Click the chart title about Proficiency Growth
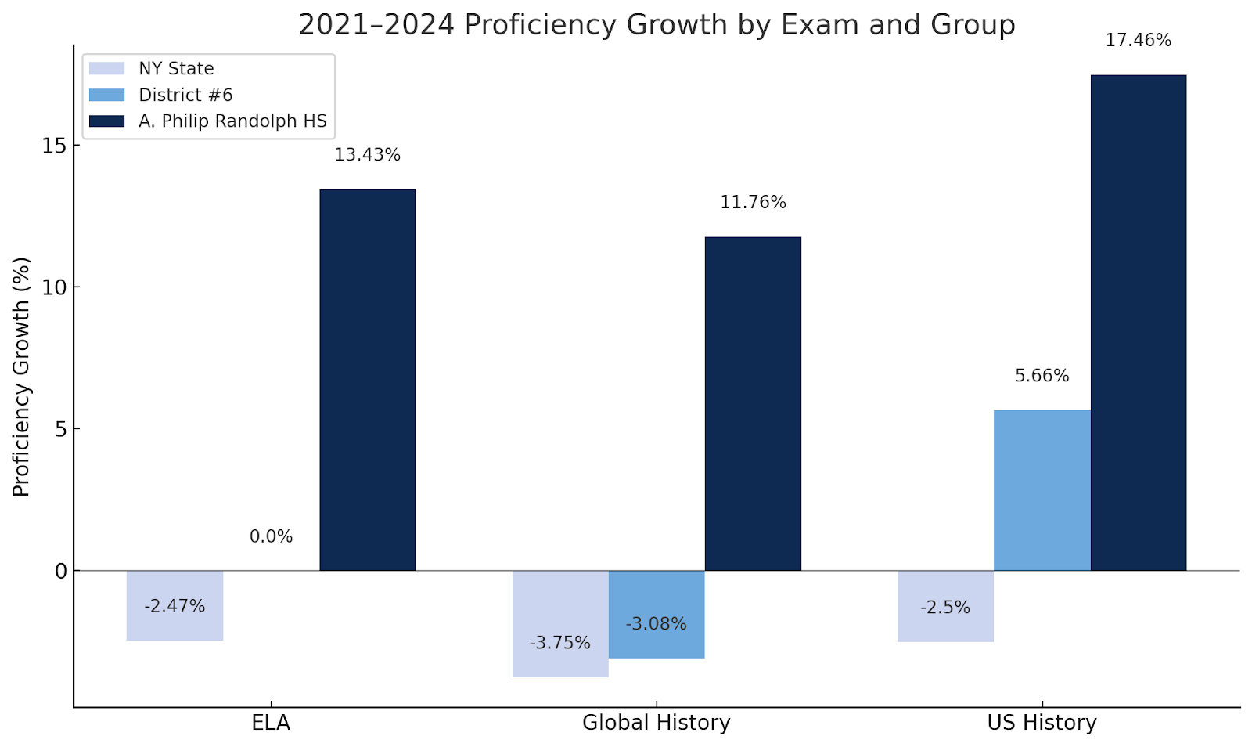tap(657, 25)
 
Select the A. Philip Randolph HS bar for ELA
tap(367, 380)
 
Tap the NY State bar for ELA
tap(174, 605)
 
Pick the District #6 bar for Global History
tap(657, 614)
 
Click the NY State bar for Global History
tap(560, 623)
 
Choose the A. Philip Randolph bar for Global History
tap(753, 403)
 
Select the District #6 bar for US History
tap(1042, 490)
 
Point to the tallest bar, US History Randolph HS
tap(1138, 323)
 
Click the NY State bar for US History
tap(945, 606)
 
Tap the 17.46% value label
tap(1138, 41)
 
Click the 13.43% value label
tap(367, 155)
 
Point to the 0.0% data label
tap(271, 537)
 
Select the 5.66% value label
tap(1042, 376)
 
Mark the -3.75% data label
tap(560, 644)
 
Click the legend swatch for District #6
tap(106, 95)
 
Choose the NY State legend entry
tap(176, 69)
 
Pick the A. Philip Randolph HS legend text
tap(232, 121)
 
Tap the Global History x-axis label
tap(656, 723)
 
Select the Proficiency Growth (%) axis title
tap(21, 377)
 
